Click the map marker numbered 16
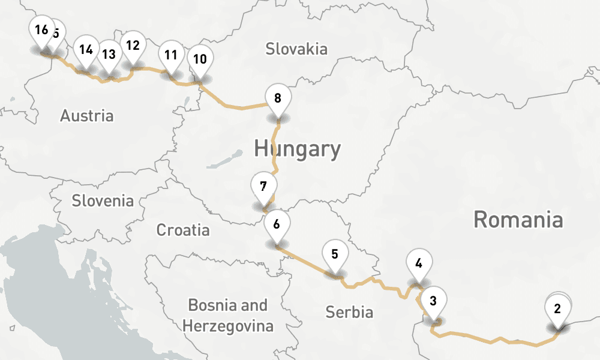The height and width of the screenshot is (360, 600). pyautogui.click(x=41, y=31)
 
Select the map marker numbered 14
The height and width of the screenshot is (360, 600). pyautogui.click(x=86, y=50)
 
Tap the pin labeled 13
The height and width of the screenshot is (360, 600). pyautogui.click(x=109, y=55)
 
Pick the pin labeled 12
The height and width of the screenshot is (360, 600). pyautogui.click(x=133, y=46)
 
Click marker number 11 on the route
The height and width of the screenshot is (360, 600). pyautogui.click(x=171, y=56)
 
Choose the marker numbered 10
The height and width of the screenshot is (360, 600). pyautogui.click(x=200, y=59)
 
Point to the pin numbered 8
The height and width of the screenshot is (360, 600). pyautogui.click(x=277, y=98)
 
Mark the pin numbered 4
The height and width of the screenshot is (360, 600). pyautogui.click(x=419, y=263)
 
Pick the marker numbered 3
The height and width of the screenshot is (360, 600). pyautogui.click(x=434, y=299)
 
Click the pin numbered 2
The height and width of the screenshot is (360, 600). pyautogui.click(x=558, y=310)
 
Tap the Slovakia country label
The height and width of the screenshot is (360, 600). pyautogui.click(x=296, y=49)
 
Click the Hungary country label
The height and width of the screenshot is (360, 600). pyautogui.click(x=297, y=148)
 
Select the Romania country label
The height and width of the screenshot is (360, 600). pyautogui.click(x=518, y=220)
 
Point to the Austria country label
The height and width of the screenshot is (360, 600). pyautogui.click(x=86, y=116)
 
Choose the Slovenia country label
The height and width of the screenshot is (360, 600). pyautogui.click(x=103, y=200)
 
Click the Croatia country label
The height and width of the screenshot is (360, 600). pyautogui.click(x=183, y=230)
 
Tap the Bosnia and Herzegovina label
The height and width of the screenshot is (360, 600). pyautogui.click(x=228, y=316)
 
